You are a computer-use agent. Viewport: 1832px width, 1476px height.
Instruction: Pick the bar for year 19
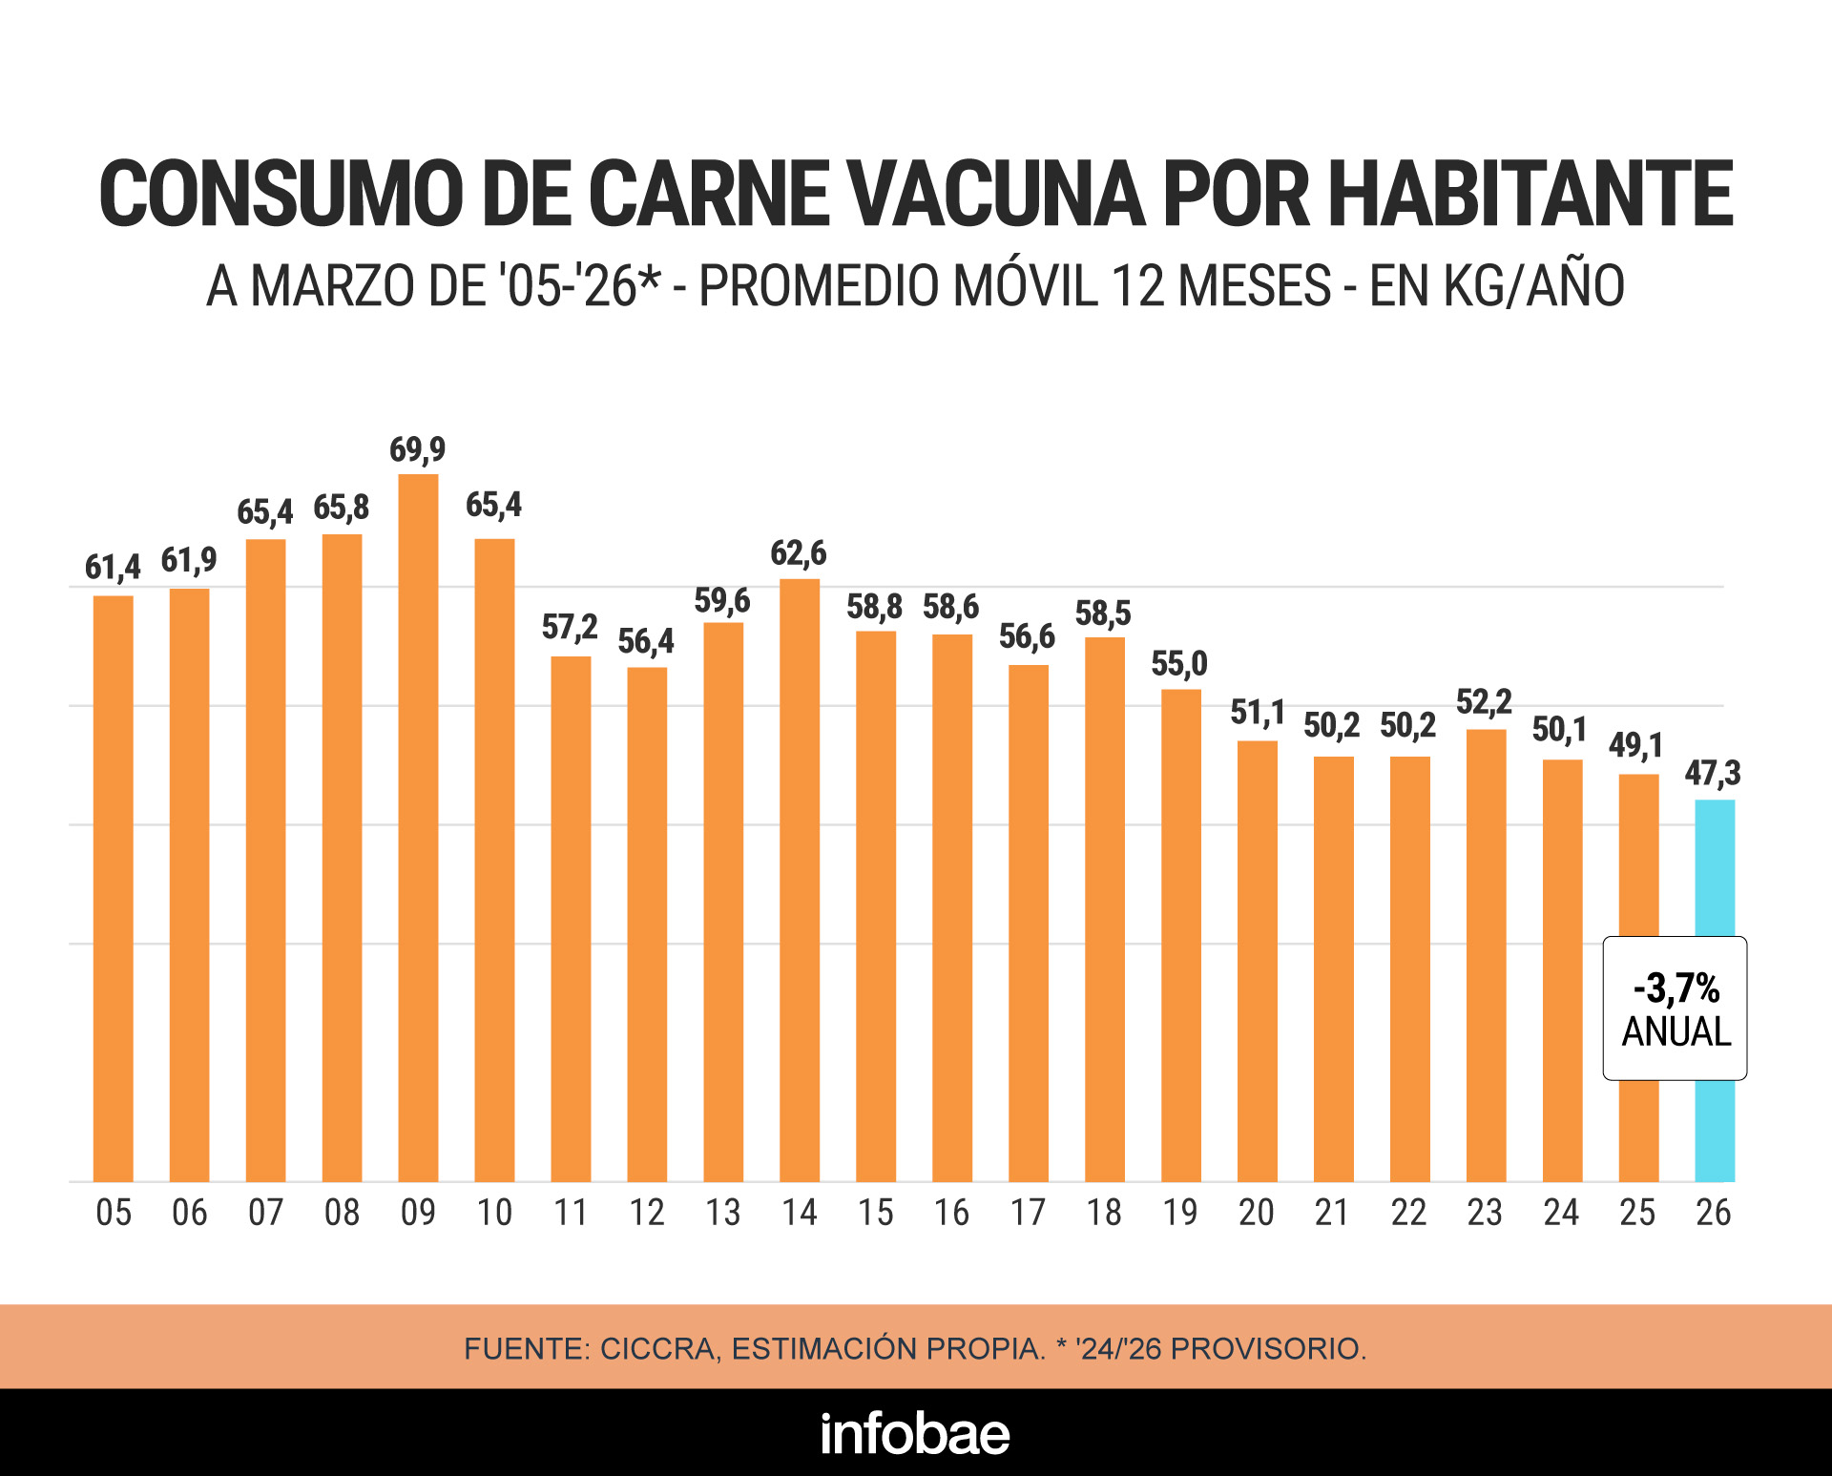click(x=1181, y=935)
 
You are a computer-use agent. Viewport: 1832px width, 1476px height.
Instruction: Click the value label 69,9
click(x=417, y=449)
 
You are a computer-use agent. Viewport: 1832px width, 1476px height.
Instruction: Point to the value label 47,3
click(x=1713, y=773)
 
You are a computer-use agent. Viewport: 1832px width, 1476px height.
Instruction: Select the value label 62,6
click(x=799, y=553)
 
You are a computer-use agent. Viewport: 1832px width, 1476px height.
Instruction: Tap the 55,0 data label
click(x=1179, y=664)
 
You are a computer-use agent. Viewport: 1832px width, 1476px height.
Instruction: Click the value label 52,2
click(x=1484, y=703)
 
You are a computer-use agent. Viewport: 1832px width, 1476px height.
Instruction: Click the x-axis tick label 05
click(x=114, y=1213)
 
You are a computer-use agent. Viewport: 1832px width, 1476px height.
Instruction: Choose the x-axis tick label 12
click(x=647, y=1213)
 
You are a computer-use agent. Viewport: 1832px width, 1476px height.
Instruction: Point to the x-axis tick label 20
click(x=1257, y=1213)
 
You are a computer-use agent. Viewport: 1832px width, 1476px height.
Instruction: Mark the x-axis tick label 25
click(x=1637, y=1213)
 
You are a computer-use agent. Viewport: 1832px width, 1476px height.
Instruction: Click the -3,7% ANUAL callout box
click(x=1675, y=1008)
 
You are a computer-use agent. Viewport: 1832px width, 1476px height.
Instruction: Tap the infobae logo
click(x=915, y=1433)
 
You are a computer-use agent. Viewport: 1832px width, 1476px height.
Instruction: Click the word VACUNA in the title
click(x=997, y=195)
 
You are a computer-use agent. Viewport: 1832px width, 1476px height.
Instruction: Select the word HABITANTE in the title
click(x=1530, y=195)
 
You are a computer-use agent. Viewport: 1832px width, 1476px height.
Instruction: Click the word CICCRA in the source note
click(x=658, y=1348)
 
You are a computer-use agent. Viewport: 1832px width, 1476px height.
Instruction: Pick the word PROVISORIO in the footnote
click(x=1268, y=1348)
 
